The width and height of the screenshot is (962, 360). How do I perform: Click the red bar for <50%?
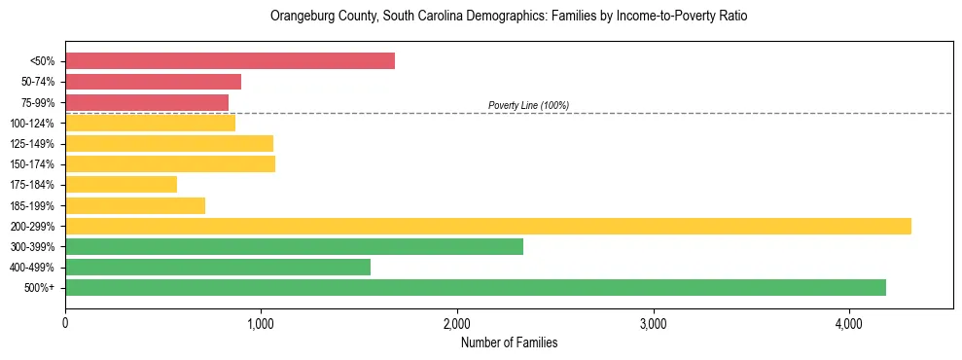230,61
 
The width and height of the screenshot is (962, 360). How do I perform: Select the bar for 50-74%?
153,82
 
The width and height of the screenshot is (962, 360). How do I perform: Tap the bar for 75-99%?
147,102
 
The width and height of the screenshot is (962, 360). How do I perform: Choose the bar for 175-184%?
121,185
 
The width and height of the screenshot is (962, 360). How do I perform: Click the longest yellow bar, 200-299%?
487,226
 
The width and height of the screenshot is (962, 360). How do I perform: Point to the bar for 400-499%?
218,267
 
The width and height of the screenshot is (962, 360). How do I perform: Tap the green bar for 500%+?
475,287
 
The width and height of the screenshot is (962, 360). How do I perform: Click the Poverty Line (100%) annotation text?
528,105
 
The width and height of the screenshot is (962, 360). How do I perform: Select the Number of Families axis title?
509,342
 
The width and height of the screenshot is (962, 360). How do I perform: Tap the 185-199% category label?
32,205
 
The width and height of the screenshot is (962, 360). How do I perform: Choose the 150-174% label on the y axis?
32,164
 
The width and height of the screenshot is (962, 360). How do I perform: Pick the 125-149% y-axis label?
32,144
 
